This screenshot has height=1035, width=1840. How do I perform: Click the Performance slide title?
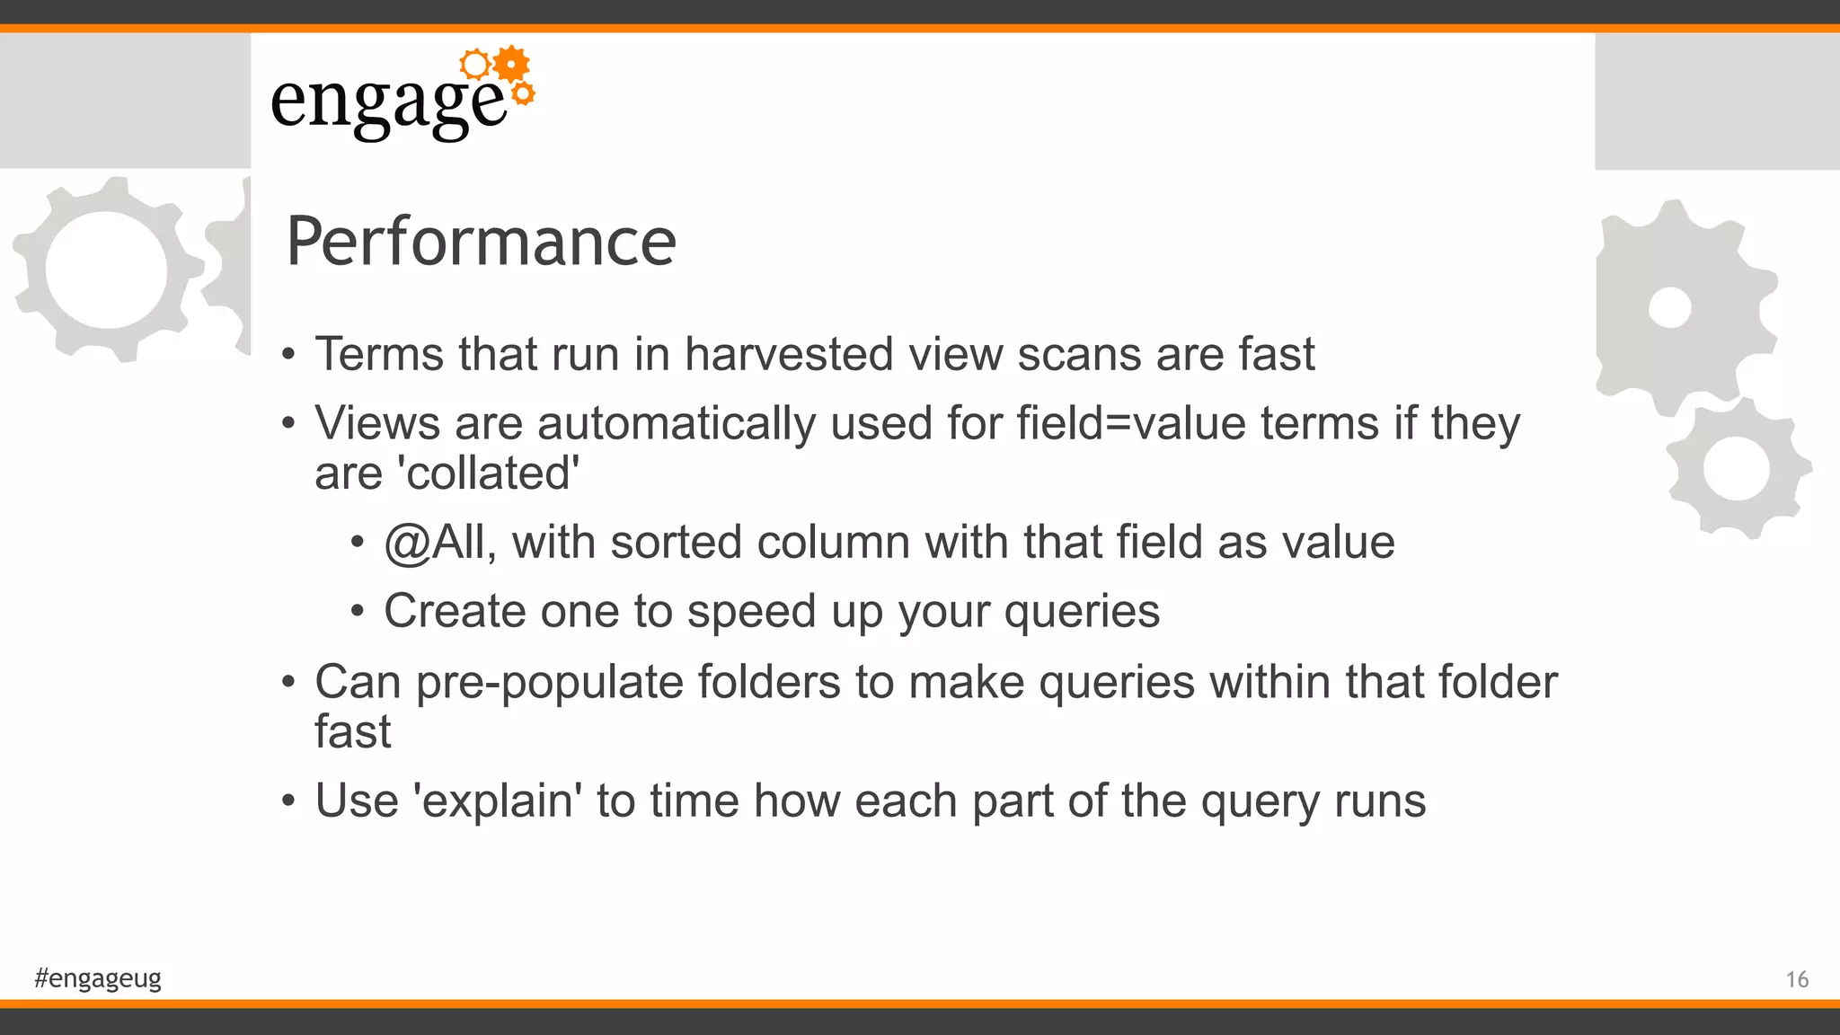tap(481, 242)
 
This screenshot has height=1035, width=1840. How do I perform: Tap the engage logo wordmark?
tap(388, 103)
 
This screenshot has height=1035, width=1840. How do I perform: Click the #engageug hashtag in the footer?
tap(98, 977)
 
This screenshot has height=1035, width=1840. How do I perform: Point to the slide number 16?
tap(1797, 979)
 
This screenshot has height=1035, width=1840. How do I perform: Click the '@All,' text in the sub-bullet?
tap(440, 543)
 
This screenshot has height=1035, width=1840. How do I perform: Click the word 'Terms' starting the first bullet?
tap(378, 354)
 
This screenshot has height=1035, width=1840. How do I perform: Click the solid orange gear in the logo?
tap(511, 64)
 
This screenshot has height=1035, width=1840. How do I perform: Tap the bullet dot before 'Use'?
tap(287, 801)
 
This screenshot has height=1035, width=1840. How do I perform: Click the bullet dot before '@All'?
tap(358, 543)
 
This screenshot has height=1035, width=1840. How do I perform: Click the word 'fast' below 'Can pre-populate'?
tap(352, 731)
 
